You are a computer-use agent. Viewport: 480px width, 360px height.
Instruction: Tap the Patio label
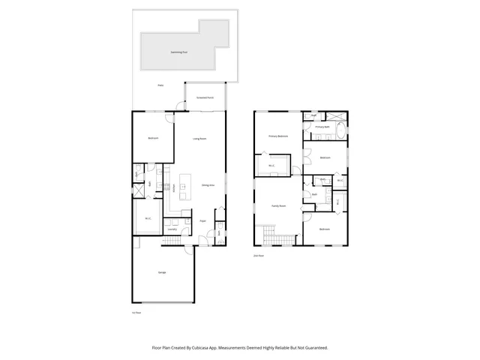pos(160,86)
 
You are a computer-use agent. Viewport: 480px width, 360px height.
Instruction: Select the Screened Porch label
pos(205,98)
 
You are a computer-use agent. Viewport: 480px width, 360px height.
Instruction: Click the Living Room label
pos(199,139)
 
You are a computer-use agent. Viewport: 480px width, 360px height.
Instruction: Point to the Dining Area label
pos(208,185)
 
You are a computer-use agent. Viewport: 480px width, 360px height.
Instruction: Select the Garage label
pos(162,271)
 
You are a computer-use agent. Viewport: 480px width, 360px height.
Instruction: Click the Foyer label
pos(203,221)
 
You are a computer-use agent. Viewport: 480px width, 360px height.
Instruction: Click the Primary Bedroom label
pos(279,136)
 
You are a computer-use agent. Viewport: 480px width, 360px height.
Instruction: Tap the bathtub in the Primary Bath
pos(339,133)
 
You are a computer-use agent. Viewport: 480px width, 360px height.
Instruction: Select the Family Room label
pos(278,205)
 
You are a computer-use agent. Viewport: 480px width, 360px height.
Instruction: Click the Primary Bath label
pos(322,127)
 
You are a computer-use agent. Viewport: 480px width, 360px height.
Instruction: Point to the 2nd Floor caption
pos(259,256)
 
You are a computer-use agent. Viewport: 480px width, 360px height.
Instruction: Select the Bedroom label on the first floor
pos(152,139)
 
